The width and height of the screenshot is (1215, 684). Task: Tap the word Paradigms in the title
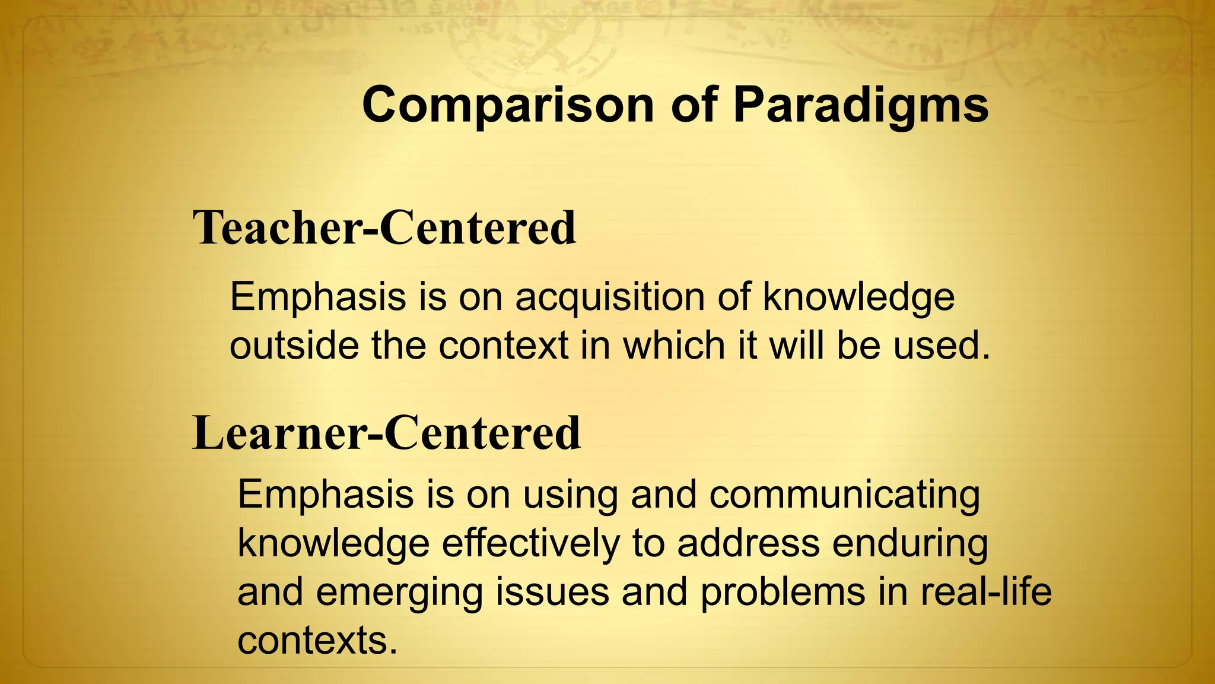tap(861, 105)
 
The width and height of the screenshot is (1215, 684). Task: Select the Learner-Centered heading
tap(387, 433)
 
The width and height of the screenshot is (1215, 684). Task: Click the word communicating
tap(844, 495)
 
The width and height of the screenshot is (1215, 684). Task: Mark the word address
tap(748, 543)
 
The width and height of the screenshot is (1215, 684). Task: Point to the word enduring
tap(910, 543)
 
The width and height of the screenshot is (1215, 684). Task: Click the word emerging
tap(399, 593)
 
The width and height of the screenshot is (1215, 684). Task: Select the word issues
tap(552, 592)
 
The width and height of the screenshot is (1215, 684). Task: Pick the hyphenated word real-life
tap(986, 592)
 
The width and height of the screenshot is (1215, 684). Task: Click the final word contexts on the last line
tap(317, 641)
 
